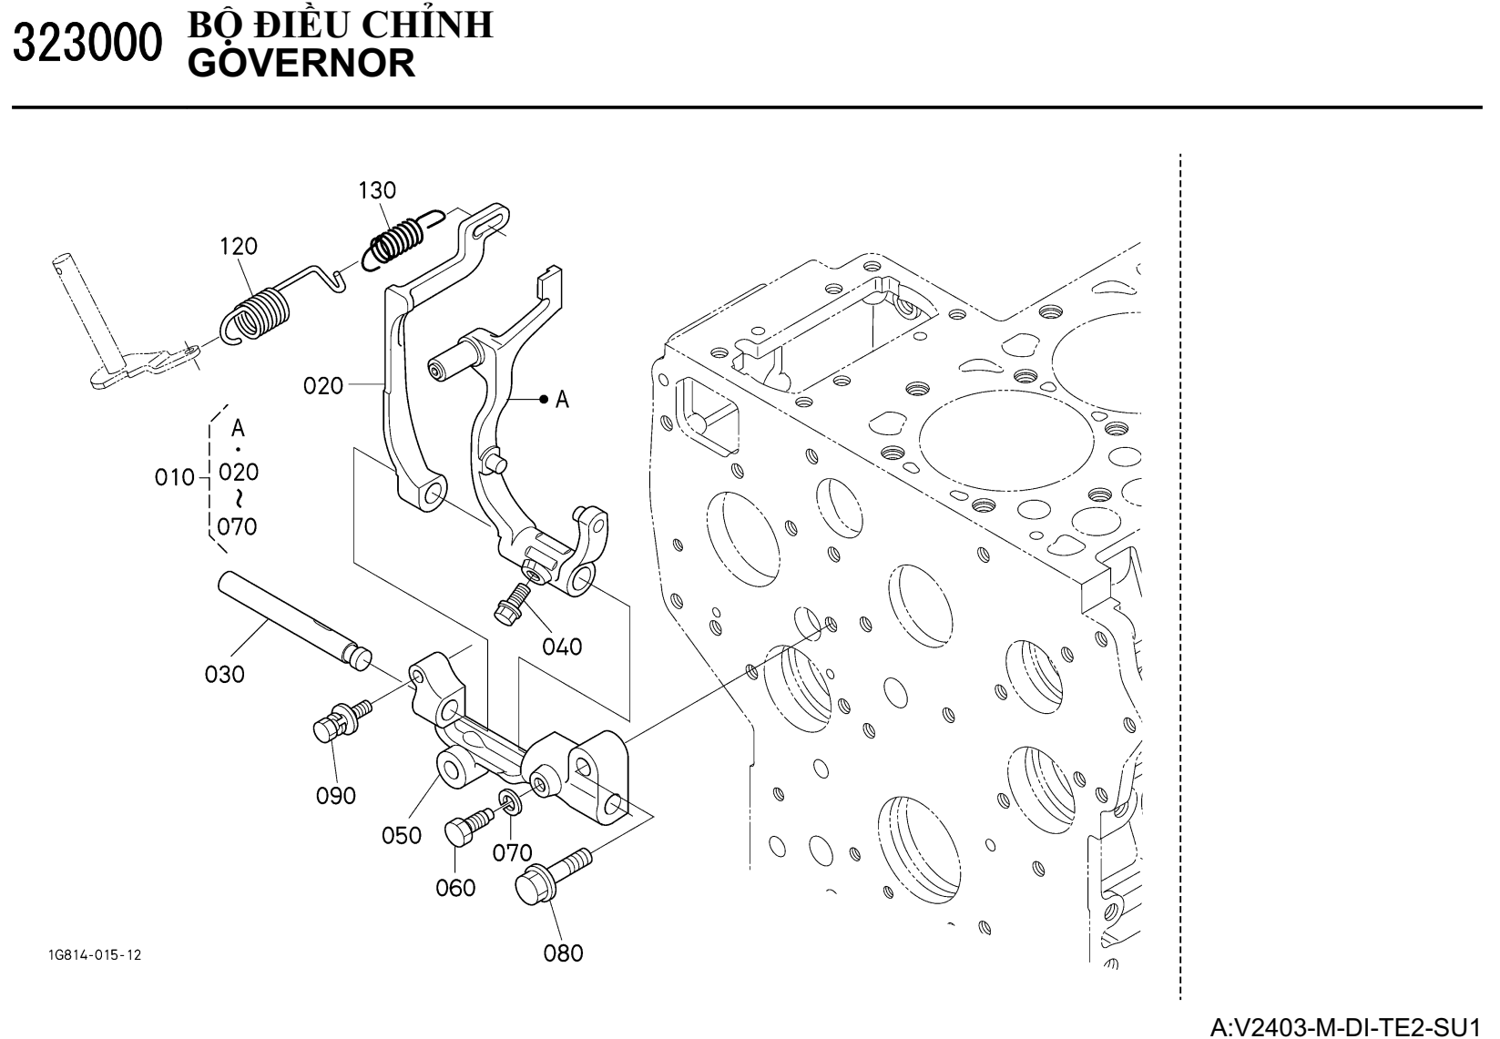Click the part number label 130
click(x=377, y=190)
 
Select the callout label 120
click(x=239, y=246)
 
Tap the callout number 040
click(x=562, y=647)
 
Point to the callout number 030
click(x=225, y=675)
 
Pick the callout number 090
click(x=336, y=796)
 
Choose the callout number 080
click(x=563, y=953)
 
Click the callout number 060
click(x=455, y=887)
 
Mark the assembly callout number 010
click(x=174, y=477)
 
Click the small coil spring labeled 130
click(x=396, y=239)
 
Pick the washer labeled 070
click(x=509, y=802)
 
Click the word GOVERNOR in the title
click(x=300, y=63)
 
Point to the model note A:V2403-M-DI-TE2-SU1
click(x=1352, y=1027)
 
